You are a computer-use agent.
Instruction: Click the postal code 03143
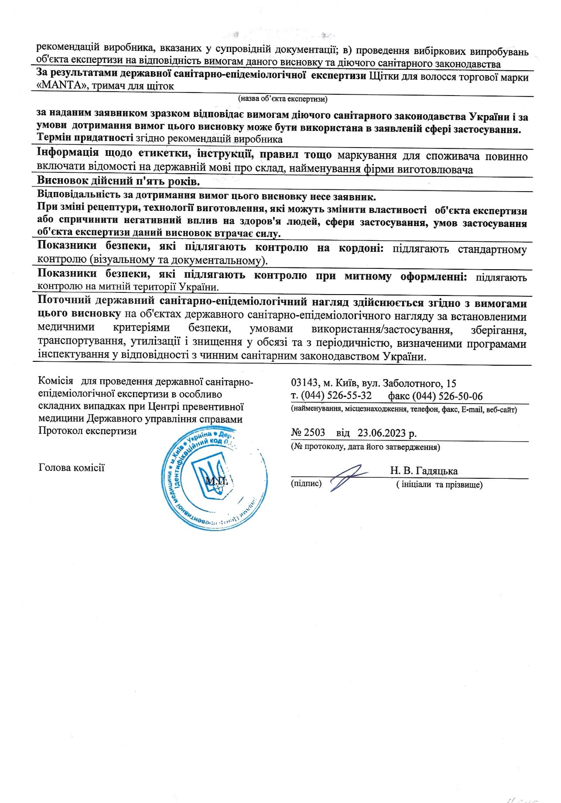(x=304, y=383)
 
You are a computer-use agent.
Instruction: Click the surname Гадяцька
(x=437, y=470)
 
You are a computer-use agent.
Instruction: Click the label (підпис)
(x=306, y=484)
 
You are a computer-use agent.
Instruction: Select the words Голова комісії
(x=72, y=468)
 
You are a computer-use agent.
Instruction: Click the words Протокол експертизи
(x=87, y=431)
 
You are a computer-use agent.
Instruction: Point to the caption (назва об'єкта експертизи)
(x=283, y=99)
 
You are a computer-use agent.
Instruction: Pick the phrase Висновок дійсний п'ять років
(x=118, y=181)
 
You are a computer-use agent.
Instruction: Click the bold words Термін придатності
(x=85, y=139)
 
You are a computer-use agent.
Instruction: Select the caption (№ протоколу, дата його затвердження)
(x=366, y=446)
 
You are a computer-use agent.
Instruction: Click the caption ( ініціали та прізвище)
(x=439, y=484)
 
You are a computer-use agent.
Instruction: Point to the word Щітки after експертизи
(x=383, y=77)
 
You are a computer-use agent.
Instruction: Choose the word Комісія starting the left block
(x=55, y=381)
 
